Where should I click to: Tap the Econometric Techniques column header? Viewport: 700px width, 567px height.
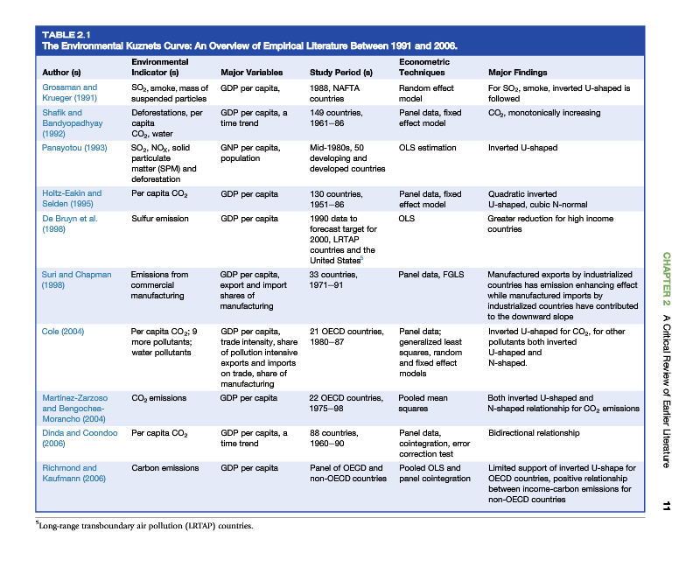point(424,67)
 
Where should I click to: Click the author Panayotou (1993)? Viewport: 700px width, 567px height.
point(74,148)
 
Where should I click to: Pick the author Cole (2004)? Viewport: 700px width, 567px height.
point(62,331)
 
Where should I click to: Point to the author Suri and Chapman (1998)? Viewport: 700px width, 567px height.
point(76,280)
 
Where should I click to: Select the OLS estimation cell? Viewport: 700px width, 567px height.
point(427,148)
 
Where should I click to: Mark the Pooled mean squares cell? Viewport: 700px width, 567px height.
point(423,402)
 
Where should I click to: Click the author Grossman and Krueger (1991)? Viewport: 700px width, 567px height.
point(70,93)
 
